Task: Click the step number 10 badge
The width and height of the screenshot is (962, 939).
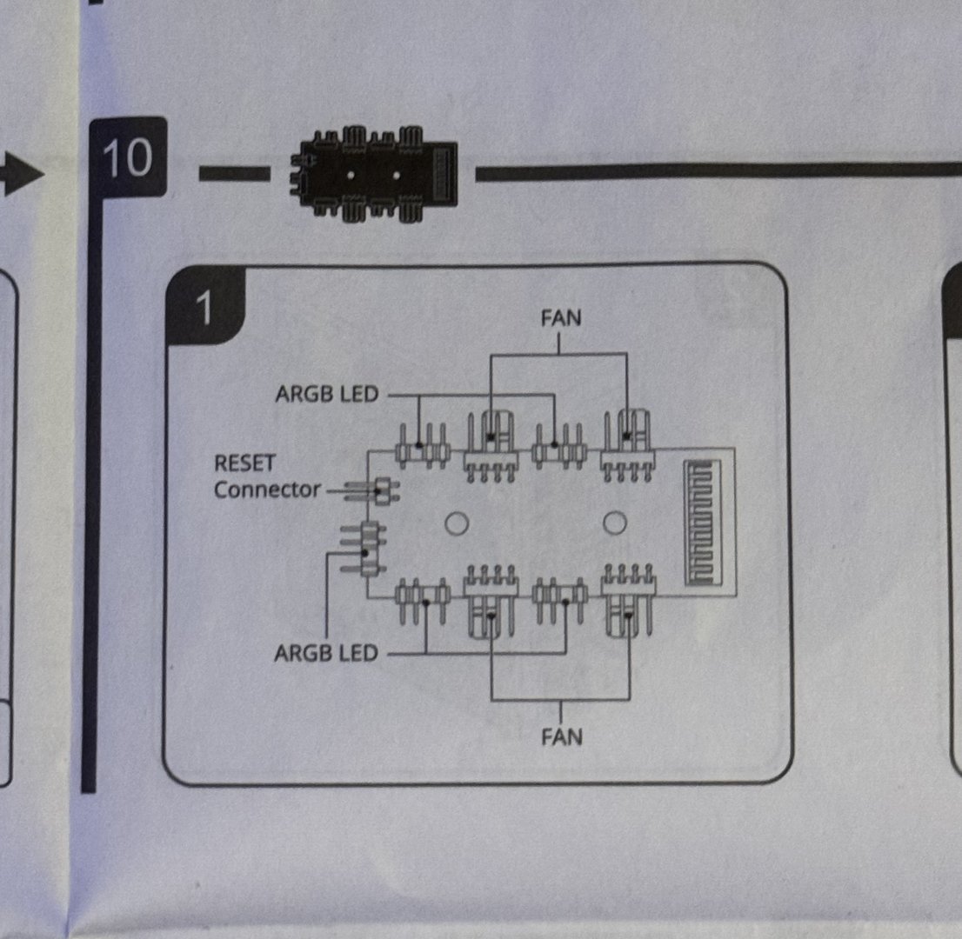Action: [127, 158]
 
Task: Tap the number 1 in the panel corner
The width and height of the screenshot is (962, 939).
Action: [204, 308]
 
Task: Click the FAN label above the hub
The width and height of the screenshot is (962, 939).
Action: [560, 318]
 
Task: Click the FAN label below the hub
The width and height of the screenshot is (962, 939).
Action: [561, 737]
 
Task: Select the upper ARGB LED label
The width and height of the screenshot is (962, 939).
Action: [327, 395]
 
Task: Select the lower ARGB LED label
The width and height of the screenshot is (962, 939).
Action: [326, 652]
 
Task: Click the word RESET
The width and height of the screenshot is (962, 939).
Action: [244, 463]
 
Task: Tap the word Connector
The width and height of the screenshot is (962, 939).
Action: [268, 489]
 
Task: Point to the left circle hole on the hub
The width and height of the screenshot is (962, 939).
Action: [457, 523]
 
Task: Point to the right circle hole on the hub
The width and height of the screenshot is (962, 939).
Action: [615, 523]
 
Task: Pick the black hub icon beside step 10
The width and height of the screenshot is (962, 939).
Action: [371, 172]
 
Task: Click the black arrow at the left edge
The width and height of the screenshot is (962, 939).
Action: [22, 176]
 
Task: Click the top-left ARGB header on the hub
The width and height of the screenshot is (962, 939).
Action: [422, 446]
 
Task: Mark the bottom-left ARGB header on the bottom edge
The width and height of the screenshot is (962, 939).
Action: [422, 597]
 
